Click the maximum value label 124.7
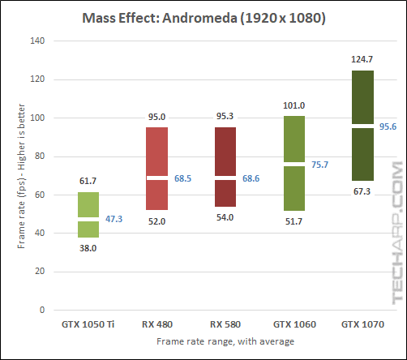point(362,61)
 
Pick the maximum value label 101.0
point(293,106)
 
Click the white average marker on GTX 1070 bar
point(362,126)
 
